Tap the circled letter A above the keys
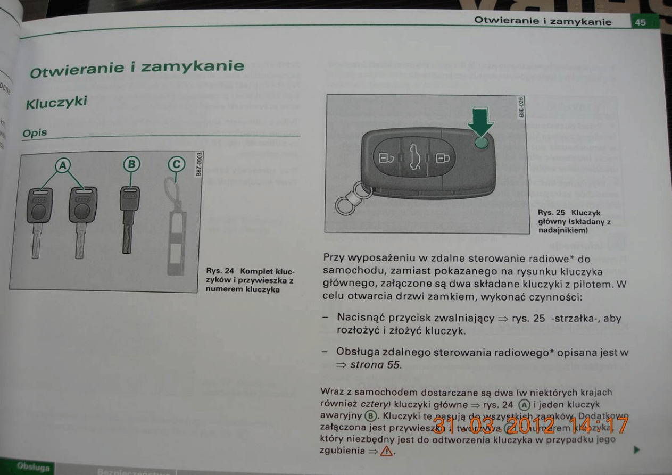pyautogui.click(x=63, y=166)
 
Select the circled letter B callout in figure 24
pyautogui.click(x=130, y=164)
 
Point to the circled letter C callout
pyautogui.click(x=176, y=164)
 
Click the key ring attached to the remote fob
pyautogui.click(x=349, y=202)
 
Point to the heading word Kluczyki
pyautogui.click(x=56, y=102)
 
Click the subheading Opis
pyautogui.click(x=35, y=133)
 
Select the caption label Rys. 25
pyautogui.click(x=551, y=213)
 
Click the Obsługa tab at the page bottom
pyautogui.click(x=33, y=467)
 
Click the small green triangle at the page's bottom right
pyautogui.click(x=637, y=450)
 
